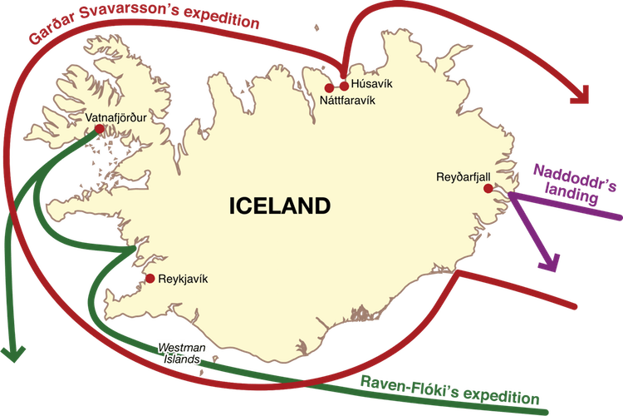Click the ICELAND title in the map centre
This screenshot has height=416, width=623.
pyautogui.click(x=280, y=206)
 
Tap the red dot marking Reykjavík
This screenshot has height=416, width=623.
pyautogui.click(x=150, y=279)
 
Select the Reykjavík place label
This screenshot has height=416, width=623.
pyautogui.click(x=183, y=279)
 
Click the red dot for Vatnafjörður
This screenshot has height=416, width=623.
pyautogui.click(x=100, y=129)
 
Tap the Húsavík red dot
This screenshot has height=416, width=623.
pyautogui.click(x=344, y=85)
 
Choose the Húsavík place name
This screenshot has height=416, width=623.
pyautogui.click(x=370, y=85)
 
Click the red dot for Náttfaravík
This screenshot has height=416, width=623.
pyautogui.click(x=329, y=87)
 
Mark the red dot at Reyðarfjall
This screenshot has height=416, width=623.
pyautogui.click(x=488, y=188)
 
